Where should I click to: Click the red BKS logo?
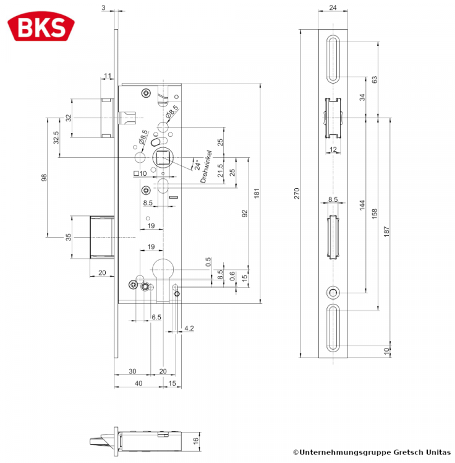41,26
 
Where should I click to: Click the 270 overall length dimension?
297,193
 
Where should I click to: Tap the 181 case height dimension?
257,193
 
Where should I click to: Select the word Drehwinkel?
206,167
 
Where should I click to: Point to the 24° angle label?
197,165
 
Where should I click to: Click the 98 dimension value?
44,178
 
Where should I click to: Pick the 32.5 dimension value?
56,137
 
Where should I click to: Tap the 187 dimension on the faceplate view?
386,231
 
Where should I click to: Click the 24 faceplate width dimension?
333,7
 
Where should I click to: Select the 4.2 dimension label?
189,328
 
